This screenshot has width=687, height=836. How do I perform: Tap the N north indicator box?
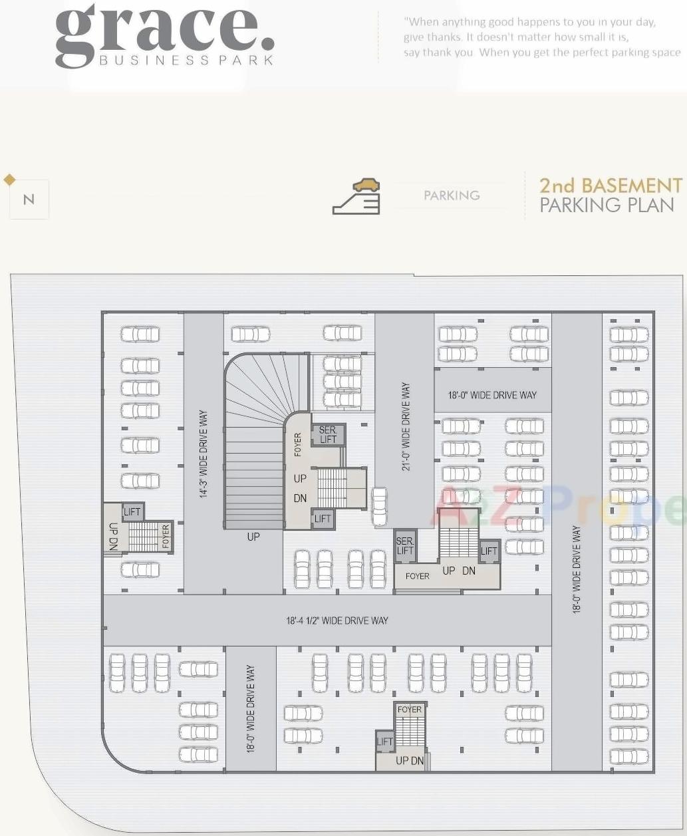pos(29,200)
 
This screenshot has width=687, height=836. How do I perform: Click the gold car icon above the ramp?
pos(366,185)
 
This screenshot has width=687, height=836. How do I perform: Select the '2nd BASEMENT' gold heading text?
pos(611,185)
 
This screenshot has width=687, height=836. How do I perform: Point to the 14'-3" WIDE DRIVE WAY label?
pos(204,454)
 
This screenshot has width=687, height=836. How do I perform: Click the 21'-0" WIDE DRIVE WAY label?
pos(406,426)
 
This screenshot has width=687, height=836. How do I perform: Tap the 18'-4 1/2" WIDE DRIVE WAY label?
pos(337,621)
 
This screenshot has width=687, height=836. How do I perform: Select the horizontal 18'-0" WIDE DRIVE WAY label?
pos(492,395)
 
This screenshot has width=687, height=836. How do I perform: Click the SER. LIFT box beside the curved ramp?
pos(328,435)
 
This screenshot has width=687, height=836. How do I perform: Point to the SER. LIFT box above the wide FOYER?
pos(405,546)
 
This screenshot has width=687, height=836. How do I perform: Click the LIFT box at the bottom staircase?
pos(385,742)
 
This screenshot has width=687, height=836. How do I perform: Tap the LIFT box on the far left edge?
pos(132,511)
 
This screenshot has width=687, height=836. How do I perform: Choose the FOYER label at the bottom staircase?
pos(409,710)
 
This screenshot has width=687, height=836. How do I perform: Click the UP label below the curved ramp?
pos(253,537)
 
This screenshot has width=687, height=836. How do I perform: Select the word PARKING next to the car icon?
pos(452,196)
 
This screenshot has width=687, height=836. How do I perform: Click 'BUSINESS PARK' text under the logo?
pos(186,61)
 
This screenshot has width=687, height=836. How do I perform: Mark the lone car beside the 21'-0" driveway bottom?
pos(379,507)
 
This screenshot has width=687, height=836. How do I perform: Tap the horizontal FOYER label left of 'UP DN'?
pos(418,576)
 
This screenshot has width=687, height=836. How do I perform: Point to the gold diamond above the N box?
pos(9,179)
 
